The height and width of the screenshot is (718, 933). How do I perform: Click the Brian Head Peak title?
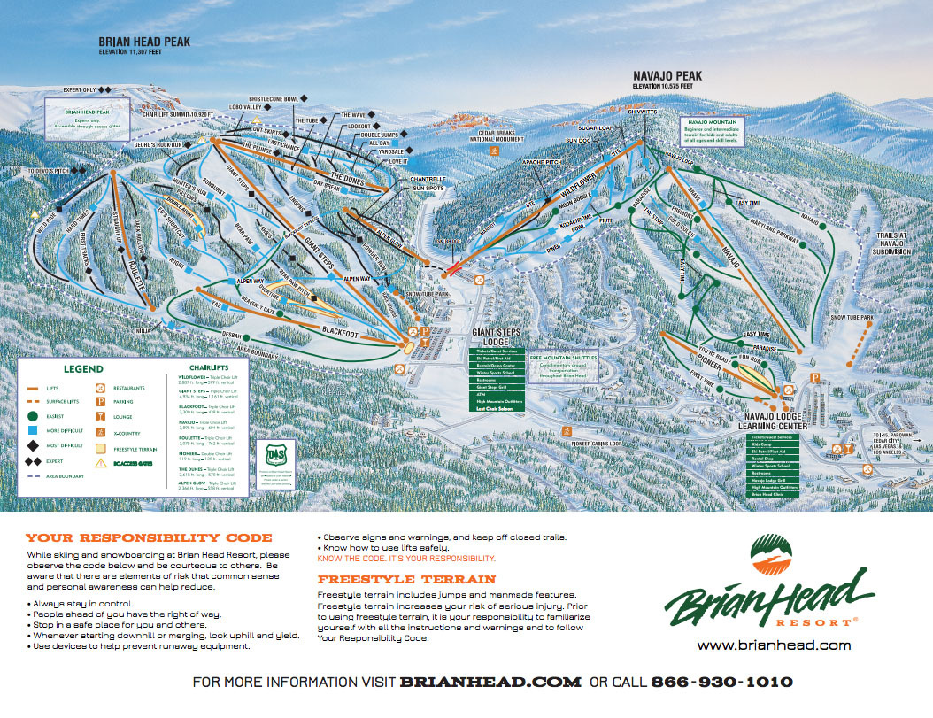point(143,41)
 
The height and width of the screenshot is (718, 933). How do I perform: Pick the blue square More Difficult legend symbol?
point(32,430)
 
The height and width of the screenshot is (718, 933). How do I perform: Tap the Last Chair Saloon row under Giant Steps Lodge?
point(497,408)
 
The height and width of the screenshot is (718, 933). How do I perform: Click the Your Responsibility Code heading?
point(149,537)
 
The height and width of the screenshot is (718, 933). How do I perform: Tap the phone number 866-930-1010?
point(721,683)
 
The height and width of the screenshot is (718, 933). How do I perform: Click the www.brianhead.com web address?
point(774,645)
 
